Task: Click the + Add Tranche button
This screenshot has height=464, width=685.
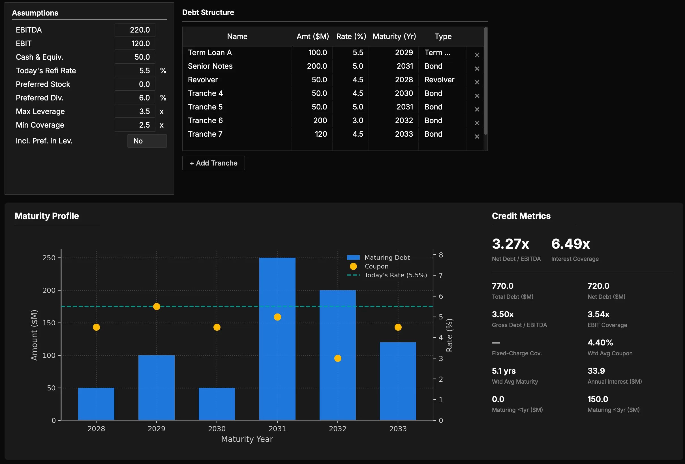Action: tap(213, 163)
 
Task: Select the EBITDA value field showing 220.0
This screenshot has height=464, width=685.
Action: tap(135, 30)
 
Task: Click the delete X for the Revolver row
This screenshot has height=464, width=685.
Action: tap(477, 82)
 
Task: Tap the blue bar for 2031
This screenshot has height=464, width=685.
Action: tap(277, 339)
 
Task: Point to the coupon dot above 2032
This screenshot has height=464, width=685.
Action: tap(337, 358)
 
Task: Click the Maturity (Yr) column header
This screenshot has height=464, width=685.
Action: tap(394, 36)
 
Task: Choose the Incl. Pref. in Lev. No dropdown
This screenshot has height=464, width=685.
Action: tap(147, 141)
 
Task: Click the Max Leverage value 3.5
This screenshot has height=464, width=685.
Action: tap(135, 111)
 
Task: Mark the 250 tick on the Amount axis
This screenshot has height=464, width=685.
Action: tap(49, 258)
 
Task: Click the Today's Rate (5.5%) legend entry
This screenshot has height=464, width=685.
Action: tap(387, 275)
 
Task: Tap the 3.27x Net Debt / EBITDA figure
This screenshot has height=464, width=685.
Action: tap(510, 244)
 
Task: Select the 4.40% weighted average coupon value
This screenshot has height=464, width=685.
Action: tap(600, 342)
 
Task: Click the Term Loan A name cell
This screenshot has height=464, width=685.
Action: tap(210, 52)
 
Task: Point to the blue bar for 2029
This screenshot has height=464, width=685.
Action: tap(156, 388)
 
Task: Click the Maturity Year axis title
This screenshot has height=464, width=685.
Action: tap(247, 439)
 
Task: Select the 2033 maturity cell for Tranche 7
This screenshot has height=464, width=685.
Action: tap(404, 134)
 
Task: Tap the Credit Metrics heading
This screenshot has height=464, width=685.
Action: tap(521, 216)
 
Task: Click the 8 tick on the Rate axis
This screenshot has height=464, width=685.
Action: tap(441, 255)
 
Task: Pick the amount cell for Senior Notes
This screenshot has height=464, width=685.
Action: tap(317, 66)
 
